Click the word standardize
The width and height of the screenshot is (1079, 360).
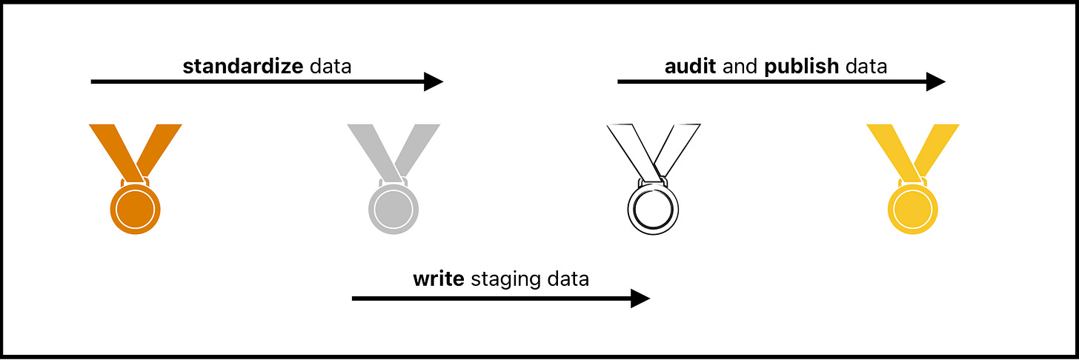click(x=242, y=67)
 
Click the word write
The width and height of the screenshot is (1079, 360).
click(x=438, y=280)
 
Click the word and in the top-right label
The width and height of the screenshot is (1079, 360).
click(x=740, y=67)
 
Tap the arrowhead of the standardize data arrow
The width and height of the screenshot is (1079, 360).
click(x=434, y=81)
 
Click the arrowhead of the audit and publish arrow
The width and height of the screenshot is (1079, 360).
click(x=936, y=81)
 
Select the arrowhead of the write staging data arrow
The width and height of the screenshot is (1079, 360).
click(x=640, y=299)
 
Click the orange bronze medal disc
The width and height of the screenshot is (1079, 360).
click(x=135, y=209)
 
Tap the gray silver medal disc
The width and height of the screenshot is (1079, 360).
click(x=394, y=209)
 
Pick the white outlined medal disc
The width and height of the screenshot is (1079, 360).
click(x=652, y=209)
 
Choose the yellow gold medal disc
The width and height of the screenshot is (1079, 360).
click(x=912, y=209)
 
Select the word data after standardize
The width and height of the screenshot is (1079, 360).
click(x=330, y=67)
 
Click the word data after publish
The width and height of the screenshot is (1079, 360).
click(x=866, y=67)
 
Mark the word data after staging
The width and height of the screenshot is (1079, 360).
click(x=567, y=280)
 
